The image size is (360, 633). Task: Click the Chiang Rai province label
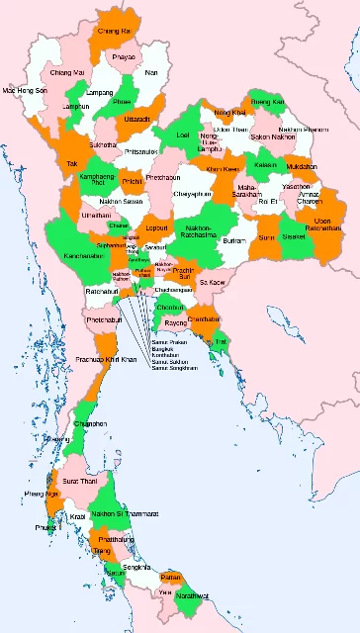(114, 32)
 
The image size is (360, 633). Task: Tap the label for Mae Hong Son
(26, 90)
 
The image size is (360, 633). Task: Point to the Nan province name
(150, 72)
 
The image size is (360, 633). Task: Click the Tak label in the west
(71, 163)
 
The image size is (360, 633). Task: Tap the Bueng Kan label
(266, 102)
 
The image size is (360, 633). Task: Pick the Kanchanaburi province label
(84, 255)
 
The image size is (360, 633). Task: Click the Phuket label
(45, 529)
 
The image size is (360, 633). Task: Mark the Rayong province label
(175, 323)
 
